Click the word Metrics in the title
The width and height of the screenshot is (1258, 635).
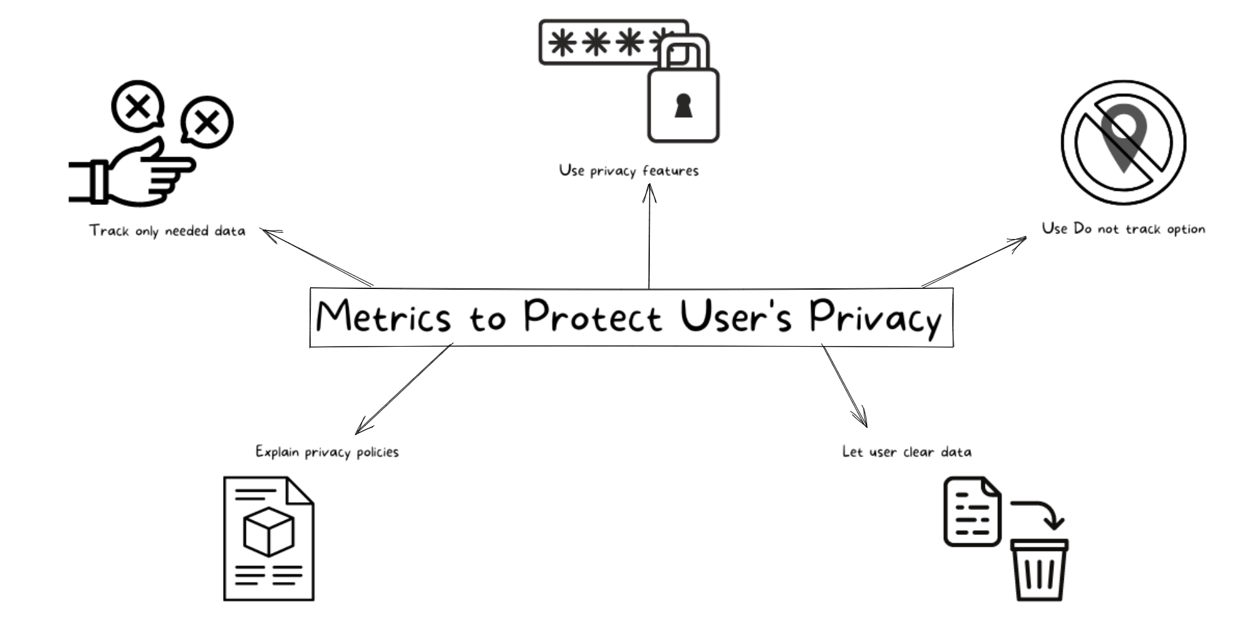tap(383, 317)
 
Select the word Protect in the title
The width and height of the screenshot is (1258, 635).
tap(592, 317)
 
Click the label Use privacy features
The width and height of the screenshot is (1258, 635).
tap(628, 170)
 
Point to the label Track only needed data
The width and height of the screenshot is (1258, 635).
tap(167, 231)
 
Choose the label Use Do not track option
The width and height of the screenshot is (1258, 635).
tap(1123, 229)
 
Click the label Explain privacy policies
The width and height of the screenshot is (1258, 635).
tap(327, 452)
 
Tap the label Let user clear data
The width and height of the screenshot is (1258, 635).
tap(906, 452)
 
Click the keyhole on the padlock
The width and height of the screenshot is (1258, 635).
tap(683, 106)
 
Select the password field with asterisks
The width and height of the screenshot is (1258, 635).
tap(596, 43)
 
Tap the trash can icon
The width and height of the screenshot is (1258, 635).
tap(1039, 569)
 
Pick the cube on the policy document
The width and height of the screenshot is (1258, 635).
tap(269, 532)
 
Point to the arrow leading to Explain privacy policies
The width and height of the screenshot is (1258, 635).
tap(404, 390)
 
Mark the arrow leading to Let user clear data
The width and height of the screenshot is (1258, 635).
tap(845, 386)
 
